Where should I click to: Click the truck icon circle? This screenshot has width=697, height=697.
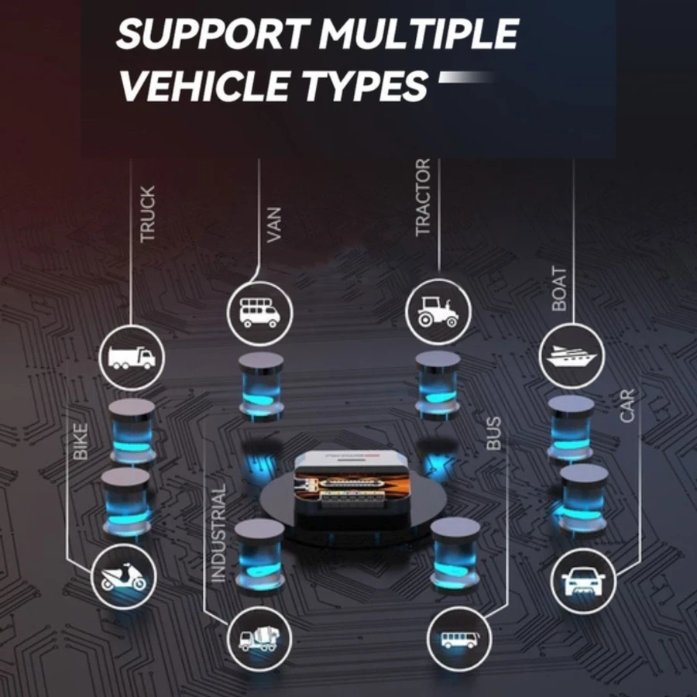point(132,356)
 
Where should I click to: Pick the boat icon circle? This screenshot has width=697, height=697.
point(571,356)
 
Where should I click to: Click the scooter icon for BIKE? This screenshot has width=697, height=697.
point(124,576)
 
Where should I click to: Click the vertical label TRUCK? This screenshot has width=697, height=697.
point(148,214)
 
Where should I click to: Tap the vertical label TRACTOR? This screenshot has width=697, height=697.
point(423,198)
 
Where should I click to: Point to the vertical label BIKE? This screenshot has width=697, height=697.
point(81,442)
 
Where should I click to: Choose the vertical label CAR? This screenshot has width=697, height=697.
point(627,406)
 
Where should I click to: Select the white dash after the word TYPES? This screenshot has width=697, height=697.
point(465,77)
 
